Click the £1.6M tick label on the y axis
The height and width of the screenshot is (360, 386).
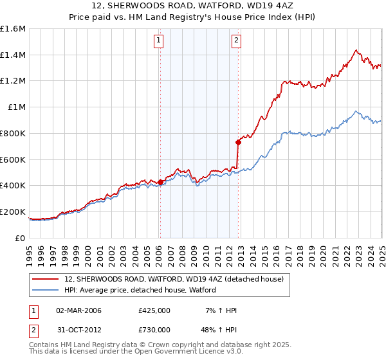tap(13, 29)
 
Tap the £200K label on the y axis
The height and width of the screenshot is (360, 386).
tap(13, 212)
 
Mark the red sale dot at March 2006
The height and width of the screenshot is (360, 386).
tap(160, 182)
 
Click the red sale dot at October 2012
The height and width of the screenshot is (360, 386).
tap(238, 142)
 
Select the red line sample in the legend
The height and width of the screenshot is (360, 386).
tap(45, 279)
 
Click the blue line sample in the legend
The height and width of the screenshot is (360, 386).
tap(45, 290)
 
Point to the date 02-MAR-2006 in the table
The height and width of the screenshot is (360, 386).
tap(78, 310)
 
